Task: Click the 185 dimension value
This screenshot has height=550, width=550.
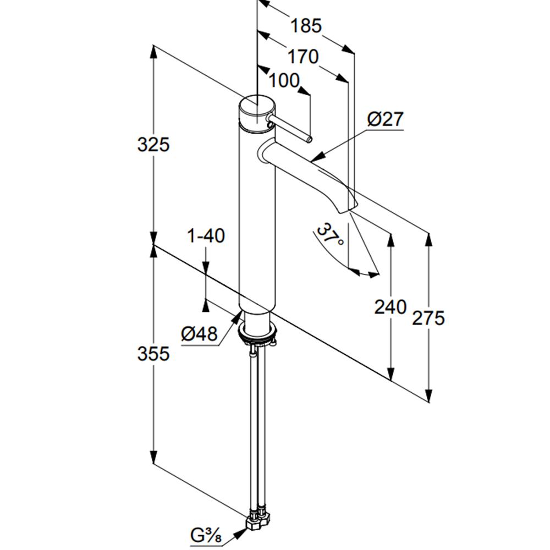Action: (x=306, y=26)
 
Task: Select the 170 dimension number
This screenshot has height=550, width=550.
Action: (x=303, y=56)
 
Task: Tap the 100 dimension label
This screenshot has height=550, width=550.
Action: (x=284, y=80)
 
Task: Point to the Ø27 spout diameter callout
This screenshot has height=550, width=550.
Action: (x=386, y=119)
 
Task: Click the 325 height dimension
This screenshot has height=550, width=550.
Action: (x=153, y=144)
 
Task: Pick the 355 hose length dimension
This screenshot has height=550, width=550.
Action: (x=153, y=353)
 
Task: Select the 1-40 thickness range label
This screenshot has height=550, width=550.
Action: (x=206, y=235)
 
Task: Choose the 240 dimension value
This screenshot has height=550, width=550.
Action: (x=391, y=307)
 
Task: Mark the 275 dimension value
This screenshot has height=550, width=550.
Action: (x=428, y=318)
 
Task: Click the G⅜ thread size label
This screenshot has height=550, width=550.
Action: (x=206, y=535)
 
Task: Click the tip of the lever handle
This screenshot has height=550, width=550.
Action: (x=309, y=140)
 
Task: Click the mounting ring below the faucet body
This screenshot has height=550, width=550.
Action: (x=257, y=333)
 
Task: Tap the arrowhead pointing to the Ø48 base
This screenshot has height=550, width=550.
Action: (x=238, y=317)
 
